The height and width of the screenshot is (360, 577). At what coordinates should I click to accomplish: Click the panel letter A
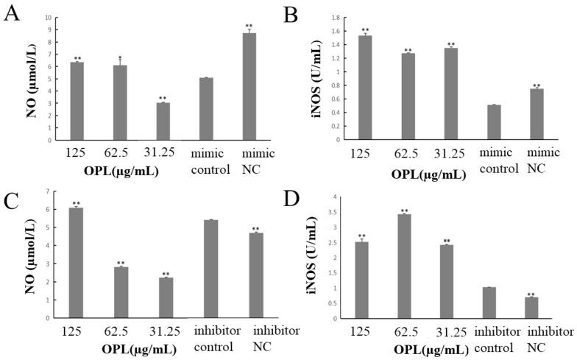click(x=12, y=14)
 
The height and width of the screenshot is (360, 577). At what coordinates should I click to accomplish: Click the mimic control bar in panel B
click(x=494, y=122)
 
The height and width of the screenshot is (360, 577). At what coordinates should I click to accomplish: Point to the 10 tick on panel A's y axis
click(x=48, y=17)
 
